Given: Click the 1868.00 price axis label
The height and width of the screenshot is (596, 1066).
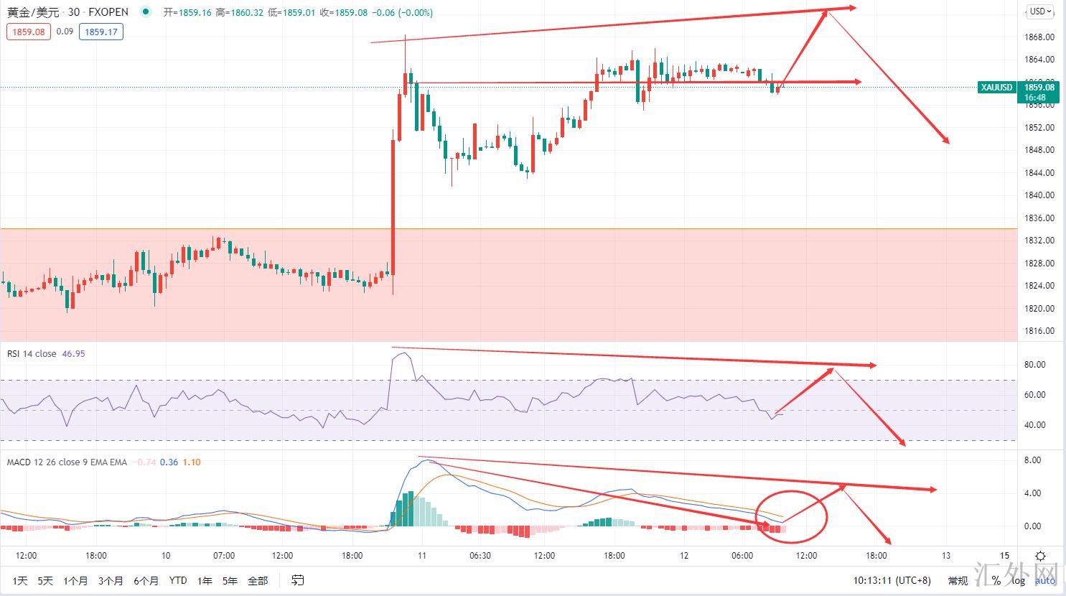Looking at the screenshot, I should pos(1039,37).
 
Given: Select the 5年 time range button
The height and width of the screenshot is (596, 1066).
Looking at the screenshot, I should pos(230,580).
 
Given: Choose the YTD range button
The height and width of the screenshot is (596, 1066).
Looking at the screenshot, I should pos(178,580).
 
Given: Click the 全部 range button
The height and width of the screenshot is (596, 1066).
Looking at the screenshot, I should pos(258,580).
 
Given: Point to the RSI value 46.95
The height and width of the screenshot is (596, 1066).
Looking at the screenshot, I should pos(73,353).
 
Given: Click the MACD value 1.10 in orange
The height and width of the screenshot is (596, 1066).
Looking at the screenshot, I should pos(192,462).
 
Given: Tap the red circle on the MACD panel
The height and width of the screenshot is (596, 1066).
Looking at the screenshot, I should pos(793,516).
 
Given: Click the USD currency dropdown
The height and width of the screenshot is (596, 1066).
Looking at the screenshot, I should pos(1040,11).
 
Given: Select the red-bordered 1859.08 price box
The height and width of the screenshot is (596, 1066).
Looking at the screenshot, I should pos(29,32).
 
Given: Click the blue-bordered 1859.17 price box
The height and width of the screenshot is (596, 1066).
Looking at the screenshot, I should pos(101,32).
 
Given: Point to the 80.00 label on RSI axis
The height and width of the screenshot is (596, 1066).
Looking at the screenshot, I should pos(1034,365).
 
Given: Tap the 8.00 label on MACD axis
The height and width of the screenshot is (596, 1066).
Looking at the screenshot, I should pos(1032,460).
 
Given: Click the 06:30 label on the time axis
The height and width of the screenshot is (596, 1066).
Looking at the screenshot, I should pos(480,555).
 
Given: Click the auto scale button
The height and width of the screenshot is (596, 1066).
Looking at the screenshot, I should pos(1045,580).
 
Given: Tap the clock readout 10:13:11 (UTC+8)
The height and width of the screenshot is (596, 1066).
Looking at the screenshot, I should pos(892,580).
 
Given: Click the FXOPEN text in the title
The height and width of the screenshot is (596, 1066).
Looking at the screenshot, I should pos(108,12).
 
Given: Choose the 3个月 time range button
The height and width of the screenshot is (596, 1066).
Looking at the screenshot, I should pos(111,580).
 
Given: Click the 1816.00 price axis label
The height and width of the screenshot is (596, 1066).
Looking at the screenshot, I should pos(1039,331).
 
